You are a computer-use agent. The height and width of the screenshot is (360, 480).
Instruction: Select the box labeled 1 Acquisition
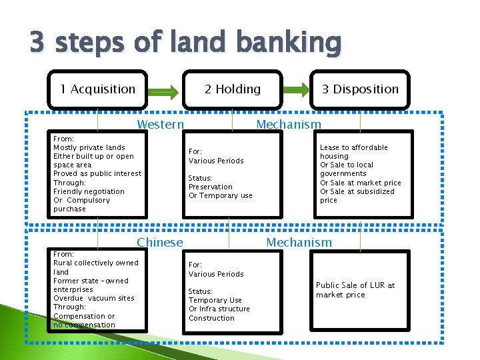97,89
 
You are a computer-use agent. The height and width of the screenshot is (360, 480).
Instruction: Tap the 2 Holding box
232,89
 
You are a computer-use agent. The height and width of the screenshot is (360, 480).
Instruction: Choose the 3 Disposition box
360,89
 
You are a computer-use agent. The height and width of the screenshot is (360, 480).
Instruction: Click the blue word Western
160,125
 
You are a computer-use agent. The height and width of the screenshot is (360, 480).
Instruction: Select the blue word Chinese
159,243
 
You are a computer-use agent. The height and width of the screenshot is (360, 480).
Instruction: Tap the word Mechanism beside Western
289,125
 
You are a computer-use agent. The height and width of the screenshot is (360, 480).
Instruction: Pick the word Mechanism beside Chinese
299,243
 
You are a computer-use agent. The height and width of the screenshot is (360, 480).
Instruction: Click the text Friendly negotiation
89,191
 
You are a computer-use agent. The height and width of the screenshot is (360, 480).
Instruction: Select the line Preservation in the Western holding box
211,187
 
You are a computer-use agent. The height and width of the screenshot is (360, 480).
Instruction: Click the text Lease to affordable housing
353,152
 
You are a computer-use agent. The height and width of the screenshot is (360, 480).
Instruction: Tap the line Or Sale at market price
361,183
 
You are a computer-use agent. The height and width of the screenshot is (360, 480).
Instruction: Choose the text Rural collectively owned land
95,267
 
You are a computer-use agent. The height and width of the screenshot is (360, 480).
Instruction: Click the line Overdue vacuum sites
93,298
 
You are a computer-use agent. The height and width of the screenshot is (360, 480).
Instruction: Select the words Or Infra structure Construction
219,313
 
